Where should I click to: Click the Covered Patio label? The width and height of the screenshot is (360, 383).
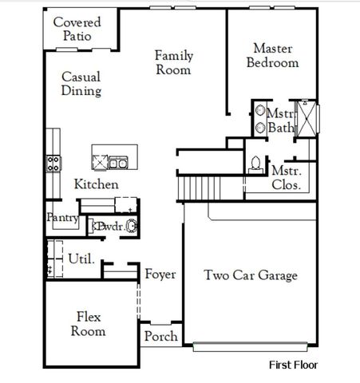[77, 29]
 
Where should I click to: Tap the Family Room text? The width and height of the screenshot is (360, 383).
[174, 62]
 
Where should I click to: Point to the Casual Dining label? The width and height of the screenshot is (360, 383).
[81, 84]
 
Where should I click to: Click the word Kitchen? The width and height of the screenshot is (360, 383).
[97, 184]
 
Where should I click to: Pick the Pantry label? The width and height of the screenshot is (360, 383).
[61, 217]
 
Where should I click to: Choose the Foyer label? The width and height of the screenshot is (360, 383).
[160, 274]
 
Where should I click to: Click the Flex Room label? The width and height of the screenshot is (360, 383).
[88, 322]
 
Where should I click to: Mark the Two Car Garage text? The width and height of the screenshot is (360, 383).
[251, 276]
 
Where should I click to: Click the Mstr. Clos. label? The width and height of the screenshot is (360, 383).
[286, 178]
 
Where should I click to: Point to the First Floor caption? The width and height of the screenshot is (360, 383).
[292, 365]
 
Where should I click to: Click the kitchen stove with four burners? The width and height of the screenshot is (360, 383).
[53, 164]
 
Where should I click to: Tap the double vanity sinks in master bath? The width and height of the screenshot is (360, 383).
[261, 119]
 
